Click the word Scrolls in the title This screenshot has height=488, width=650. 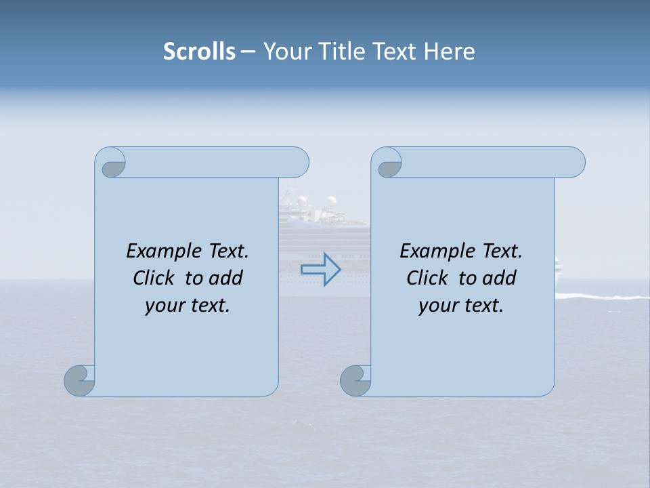pos(199,52)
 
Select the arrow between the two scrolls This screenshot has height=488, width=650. pos(320,270)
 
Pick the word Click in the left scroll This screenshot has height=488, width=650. pos(156,278)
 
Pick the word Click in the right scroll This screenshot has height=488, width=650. pos(429,278)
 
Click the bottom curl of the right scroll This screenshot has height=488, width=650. pos(355,380)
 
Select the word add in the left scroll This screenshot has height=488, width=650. pos(227,278)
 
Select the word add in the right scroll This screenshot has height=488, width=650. pos(500,278)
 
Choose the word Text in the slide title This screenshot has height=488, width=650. pos(394,52)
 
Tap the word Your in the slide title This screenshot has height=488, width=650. pos(284,52)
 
